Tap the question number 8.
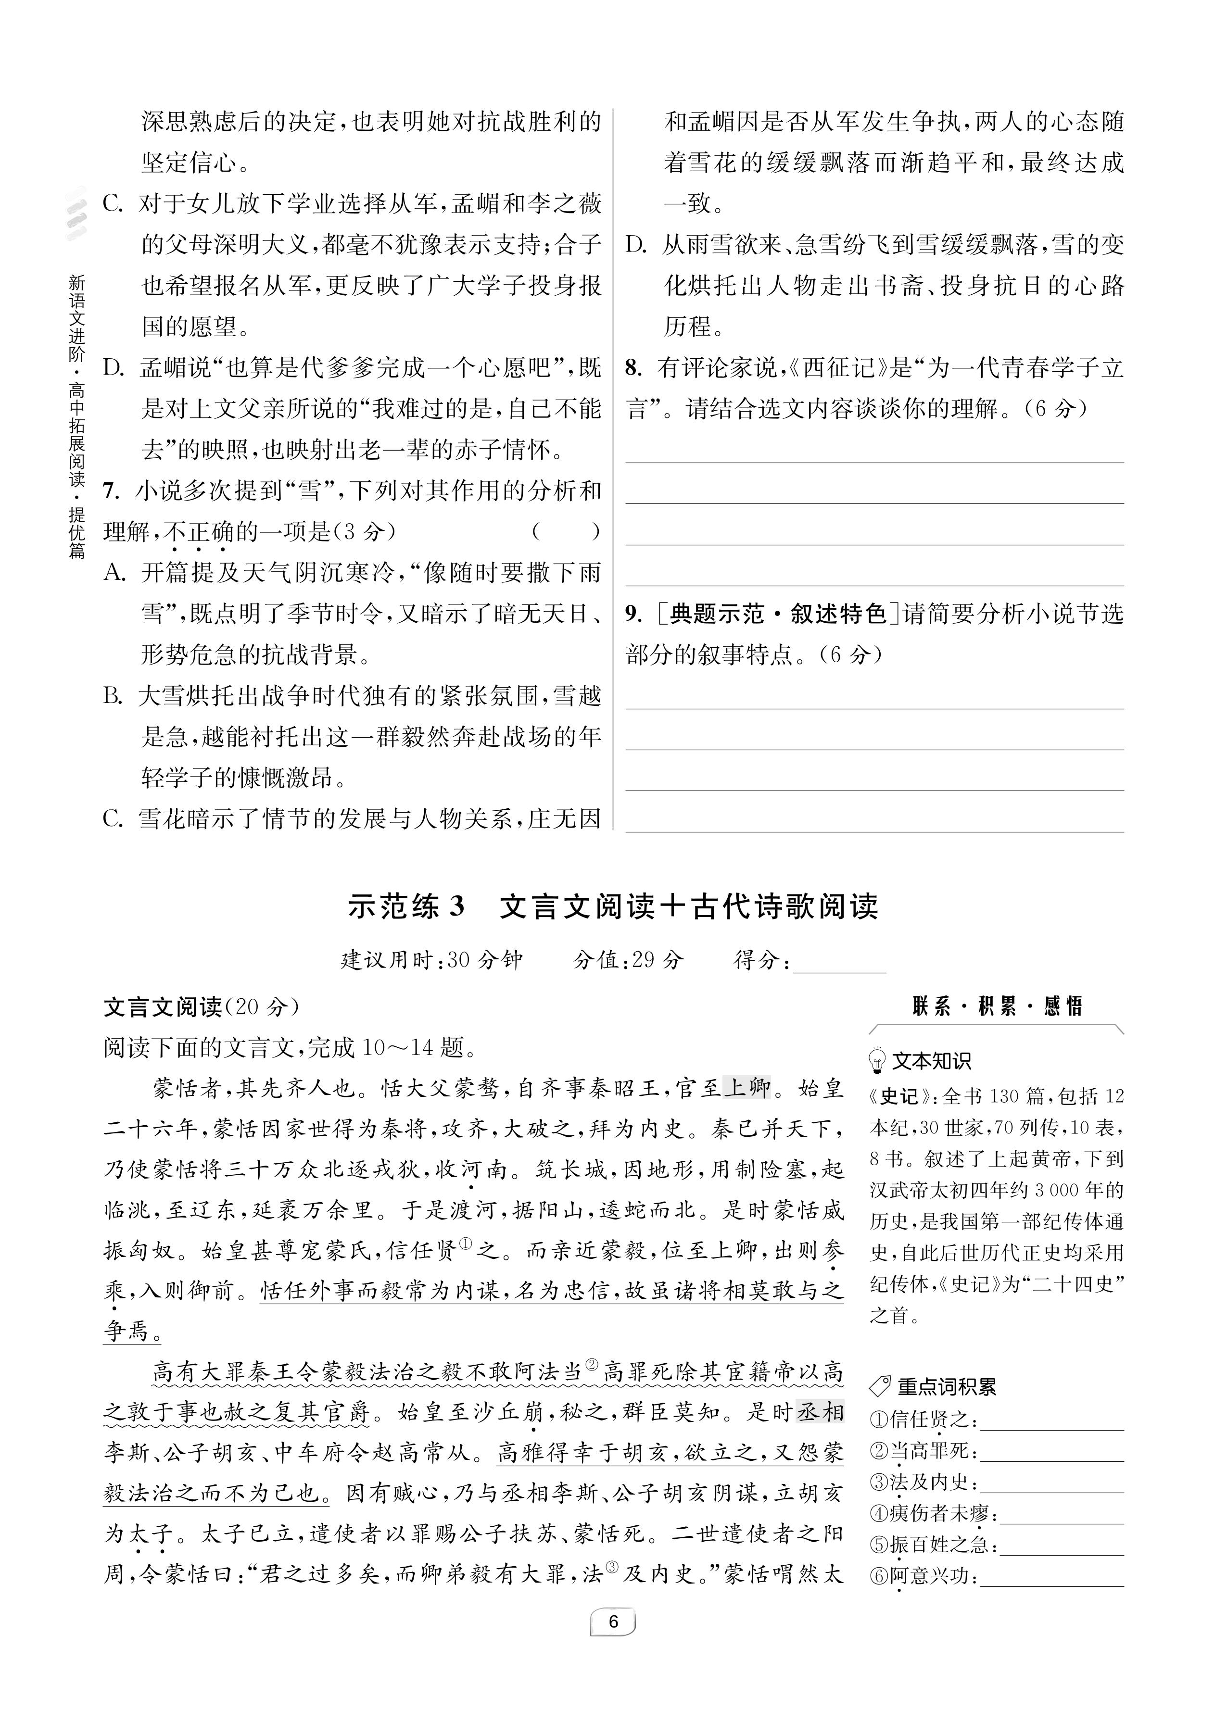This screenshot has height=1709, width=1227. [633, 368]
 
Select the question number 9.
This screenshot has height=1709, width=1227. [633, 614]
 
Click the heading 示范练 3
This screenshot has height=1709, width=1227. [407, 906]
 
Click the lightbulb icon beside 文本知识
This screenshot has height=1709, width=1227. [878, 1059]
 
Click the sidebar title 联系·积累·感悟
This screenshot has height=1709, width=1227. [997, 1006]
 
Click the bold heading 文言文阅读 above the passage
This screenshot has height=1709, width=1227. [163, 1007]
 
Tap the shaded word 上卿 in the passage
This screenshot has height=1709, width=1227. [747, 1088]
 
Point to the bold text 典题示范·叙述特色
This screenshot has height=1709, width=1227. [777, 614]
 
